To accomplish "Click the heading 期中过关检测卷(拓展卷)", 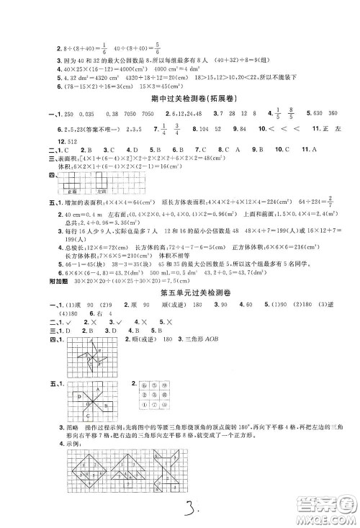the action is pyautogui.click(x=180, y=97).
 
